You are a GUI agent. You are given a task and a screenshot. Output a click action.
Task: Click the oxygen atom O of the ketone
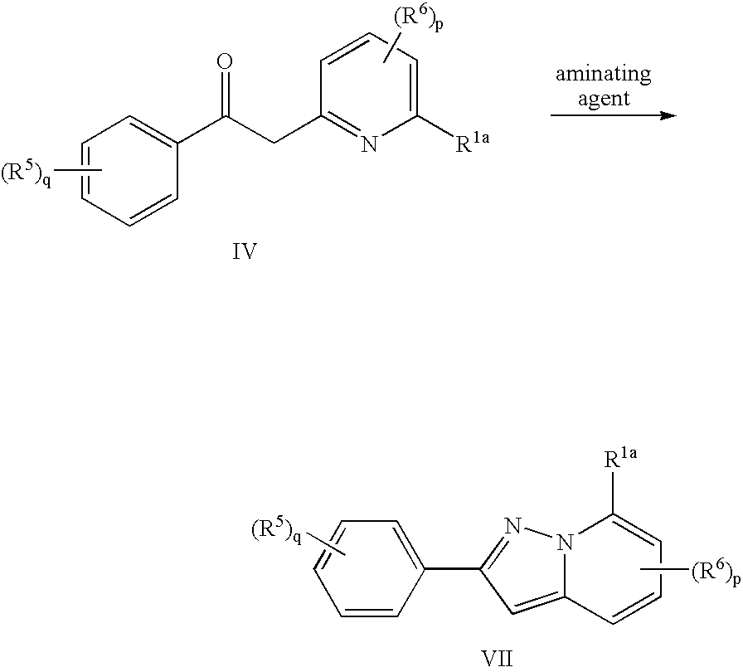coord(225,63)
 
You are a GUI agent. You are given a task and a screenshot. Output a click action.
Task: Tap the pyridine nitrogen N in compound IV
coord(369,144)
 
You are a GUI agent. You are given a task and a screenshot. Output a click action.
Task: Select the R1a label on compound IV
coord(472,142)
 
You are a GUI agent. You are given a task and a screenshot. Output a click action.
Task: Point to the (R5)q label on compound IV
coord(27,173)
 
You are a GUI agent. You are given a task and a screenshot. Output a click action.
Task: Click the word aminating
coord(603,74)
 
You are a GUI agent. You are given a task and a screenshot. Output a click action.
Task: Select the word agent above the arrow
coord(604,99)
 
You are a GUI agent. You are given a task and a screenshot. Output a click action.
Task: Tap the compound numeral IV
coord(245,252)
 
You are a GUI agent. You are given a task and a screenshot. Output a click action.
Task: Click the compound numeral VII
coord(497,659)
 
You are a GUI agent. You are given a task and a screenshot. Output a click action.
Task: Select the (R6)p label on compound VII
coord(716,572)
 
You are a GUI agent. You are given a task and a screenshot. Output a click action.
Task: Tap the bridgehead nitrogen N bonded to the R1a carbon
coord(565,542)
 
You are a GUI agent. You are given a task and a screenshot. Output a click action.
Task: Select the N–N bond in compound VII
coord(538,533)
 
